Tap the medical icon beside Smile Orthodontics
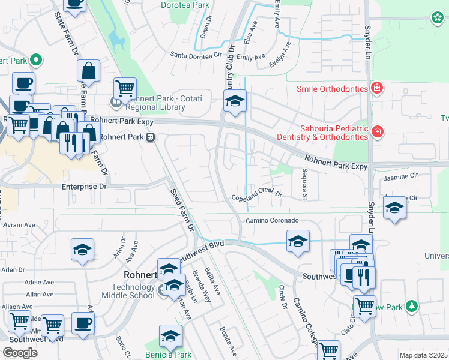click(x=376, y=89)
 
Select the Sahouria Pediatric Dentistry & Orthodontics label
click(x=334, y=133)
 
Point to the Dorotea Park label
click(x=185, y=5)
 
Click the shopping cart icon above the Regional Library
click(x=125, y=88)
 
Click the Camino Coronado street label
click(x=271, y=221)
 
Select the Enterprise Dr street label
click(x=84, y=187)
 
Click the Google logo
click(x=20, y=352)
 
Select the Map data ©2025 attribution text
click(x=424, y=355)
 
